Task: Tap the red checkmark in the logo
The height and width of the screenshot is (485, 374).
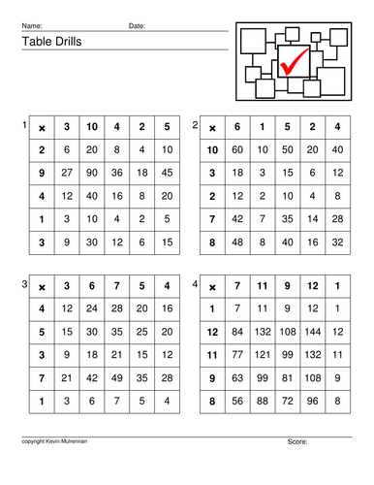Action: (x=292, y=63)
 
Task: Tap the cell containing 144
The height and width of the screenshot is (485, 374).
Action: (x=312, y=331)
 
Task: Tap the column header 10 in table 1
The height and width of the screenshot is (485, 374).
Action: (x=92, y=126)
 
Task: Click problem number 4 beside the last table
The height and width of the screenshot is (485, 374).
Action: (x=195, y=284)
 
